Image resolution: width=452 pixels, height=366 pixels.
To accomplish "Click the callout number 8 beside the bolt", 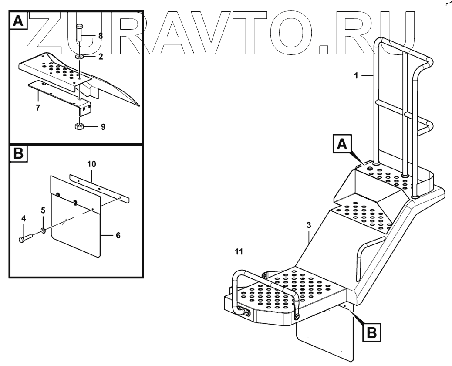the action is [x=101, y=36].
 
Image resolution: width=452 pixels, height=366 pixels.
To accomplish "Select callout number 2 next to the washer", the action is [x=101, y=57].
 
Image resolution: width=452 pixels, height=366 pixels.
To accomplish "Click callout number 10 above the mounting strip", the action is [x=91, y=164].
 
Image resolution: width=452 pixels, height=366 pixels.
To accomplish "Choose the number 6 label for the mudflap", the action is [x=118, y=235].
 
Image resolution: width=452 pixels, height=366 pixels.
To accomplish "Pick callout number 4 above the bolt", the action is [x=24, y=219].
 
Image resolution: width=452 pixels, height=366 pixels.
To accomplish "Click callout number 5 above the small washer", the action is [x=43, y=210].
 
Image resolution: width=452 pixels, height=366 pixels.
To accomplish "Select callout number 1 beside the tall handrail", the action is [x=356, y=75].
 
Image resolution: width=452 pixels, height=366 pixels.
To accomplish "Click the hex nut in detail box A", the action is [x=79, y=127].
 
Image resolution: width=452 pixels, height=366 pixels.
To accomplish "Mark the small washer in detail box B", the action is [x=44, y=230].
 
